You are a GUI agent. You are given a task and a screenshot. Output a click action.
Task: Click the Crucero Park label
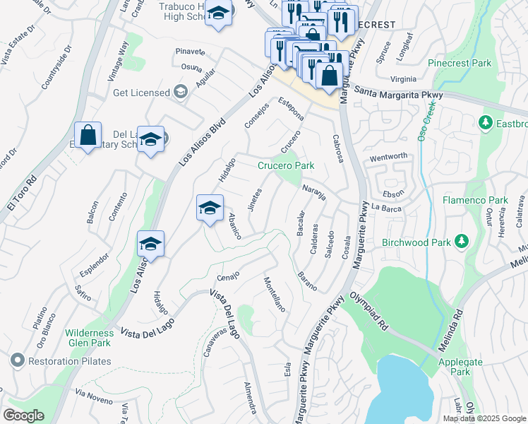(x=285, y=165)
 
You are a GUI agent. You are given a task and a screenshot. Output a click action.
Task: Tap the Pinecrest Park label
(x=460, y=63)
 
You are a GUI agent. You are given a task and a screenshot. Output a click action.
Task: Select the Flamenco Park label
(x=475, y=200)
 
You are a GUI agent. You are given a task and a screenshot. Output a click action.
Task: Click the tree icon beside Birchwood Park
(x=462, y=242)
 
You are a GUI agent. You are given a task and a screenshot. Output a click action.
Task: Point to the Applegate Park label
(x=460, y=367)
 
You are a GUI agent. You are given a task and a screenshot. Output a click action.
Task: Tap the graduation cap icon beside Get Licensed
(x=181, y=93)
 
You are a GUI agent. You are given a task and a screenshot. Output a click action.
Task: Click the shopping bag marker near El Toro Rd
(x=88, y=136)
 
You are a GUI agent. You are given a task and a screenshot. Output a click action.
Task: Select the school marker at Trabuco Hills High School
(x=219, y=14)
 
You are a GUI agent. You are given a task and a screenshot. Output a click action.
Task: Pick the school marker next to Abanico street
(x=209, y=209)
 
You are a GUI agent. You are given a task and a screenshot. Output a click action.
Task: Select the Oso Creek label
(x=427, y=121)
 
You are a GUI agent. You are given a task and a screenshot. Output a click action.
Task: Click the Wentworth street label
(x=388, y=155)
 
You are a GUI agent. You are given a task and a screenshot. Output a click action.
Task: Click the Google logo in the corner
(x=23, y=416)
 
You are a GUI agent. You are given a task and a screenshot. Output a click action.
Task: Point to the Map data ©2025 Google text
(x=484, y=418)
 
